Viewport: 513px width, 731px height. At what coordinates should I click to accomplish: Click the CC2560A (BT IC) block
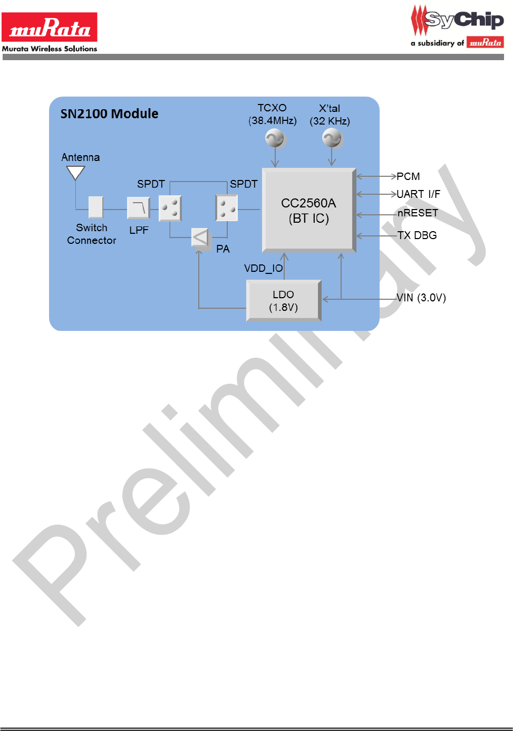tap(309, 210)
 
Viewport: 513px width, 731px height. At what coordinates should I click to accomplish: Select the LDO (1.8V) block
tap(284, 301)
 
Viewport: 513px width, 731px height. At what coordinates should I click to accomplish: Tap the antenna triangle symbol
tap(75, 173)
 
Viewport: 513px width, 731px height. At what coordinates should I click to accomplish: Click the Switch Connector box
tap(95, 207)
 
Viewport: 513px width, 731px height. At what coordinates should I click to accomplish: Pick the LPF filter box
tap(139, 208)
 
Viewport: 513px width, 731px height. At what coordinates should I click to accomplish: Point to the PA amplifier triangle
tap(200, 238)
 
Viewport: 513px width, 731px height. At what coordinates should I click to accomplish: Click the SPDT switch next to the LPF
tap(170, 208)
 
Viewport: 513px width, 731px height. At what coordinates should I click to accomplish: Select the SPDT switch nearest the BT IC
tap(227, 208)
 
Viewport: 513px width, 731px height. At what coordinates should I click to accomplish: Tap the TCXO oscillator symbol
tap(275, 139)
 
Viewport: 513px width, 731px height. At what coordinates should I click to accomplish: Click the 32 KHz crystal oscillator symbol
tap(332, 139)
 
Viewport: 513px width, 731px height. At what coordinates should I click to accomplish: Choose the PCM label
tap(408, 176)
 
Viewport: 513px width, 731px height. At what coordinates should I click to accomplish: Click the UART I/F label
tap(418, 194)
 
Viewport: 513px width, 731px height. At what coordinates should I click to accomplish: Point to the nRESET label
tap(418, 213)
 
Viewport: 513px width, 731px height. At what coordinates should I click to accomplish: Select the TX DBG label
tap(417, 235)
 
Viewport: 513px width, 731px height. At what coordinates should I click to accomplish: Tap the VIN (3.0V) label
tap(421, 298)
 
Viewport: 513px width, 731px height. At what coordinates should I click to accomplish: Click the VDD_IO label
tap(263, 269)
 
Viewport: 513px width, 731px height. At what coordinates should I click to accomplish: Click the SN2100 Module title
tap(109, 114)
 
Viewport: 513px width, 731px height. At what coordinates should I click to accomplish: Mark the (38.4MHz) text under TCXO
tap(273, 121)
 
